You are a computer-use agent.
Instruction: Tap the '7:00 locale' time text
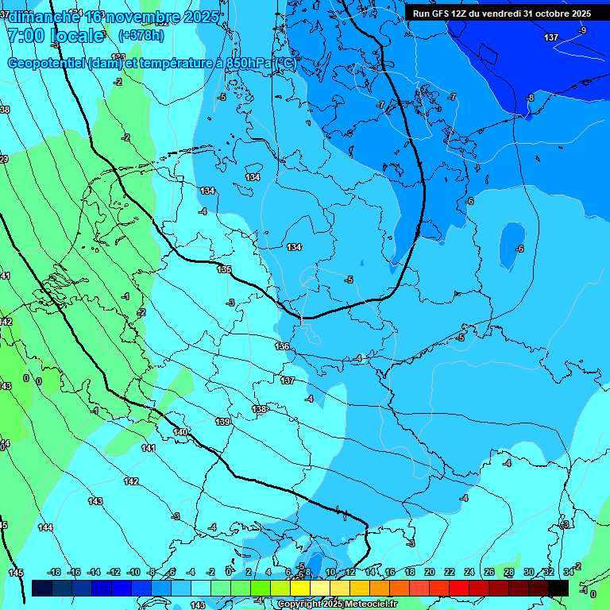click(x=56, y=36)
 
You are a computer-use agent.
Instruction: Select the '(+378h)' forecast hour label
click(x=141, y=36)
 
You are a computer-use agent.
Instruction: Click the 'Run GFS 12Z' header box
click(x=501, y=14)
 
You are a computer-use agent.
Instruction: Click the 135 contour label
click(x=225, y=269)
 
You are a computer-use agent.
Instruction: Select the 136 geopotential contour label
click(x=283, y=346)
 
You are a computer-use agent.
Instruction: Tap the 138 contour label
click(x=260, y=409)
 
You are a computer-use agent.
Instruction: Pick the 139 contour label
click(x=222, y=422)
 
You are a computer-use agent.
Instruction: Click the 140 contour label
click(x=180, y=432)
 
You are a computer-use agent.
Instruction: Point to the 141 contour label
click(x=149, y=448)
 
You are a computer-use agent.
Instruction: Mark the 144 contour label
click(x=45, y=527)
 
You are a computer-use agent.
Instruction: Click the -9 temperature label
click(x=582, y=30)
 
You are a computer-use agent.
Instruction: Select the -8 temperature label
click(x=531, y=98)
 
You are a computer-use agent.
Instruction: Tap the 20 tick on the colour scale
click(x=430, y=572)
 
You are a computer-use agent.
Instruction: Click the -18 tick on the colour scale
click(x=54, y=572)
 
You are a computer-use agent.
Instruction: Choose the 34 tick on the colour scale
click(x=568, y=572)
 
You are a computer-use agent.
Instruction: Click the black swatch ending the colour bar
click(x=558, y=588)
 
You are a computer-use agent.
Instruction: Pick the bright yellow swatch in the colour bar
click(x=300, y=588)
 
